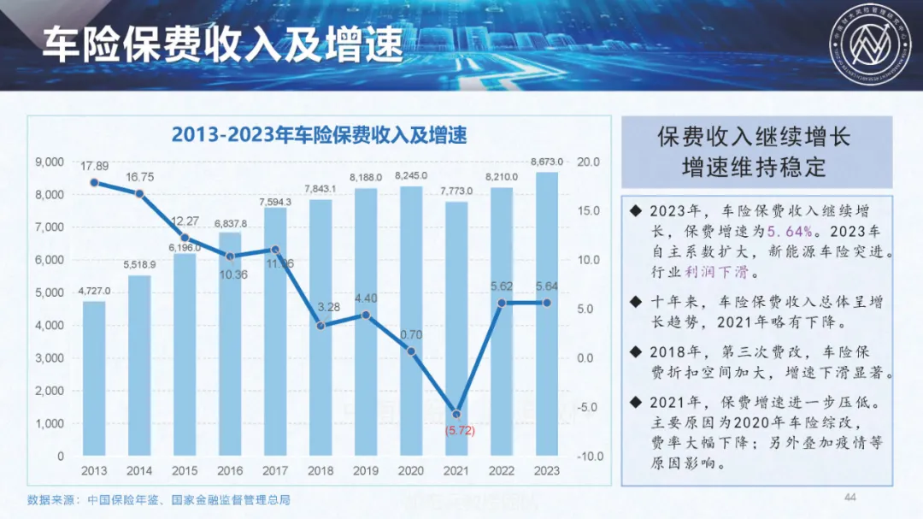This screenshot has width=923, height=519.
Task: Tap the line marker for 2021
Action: click(456, 414)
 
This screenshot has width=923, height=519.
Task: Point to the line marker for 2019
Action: click(366, 315)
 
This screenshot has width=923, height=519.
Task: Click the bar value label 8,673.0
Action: click(547, 162)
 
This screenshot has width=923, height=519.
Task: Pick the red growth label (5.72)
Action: click(459, 431)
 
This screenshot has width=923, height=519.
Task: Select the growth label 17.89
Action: click(94, 166)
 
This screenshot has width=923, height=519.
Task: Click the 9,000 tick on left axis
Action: click(50, 162)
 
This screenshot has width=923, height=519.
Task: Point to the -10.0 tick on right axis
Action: click(590, 457)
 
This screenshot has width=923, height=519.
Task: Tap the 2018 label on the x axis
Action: click(320, 471)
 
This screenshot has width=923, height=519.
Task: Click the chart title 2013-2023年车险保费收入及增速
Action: click(319, 135)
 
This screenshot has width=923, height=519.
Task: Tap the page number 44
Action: click(850, 498)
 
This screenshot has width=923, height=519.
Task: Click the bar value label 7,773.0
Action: click(456, 191)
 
